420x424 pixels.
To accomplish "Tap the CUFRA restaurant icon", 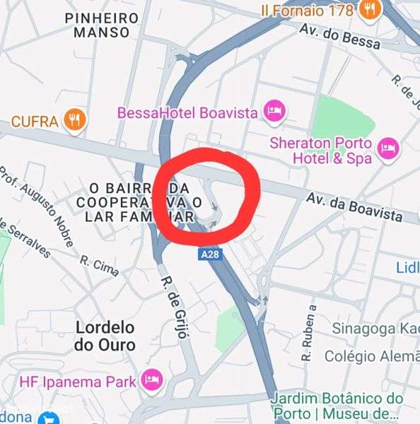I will (x=74, y=121).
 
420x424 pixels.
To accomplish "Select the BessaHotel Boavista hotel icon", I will (x=274, y=111).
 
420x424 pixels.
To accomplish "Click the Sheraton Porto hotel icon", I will (x=387, y=148).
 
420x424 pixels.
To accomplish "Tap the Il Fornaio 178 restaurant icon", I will (x=368, y=9).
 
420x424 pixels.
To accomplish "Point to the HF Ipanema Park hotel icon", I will (x=151, y=382).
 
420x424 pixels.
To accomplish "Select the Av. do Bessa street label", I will (x=339, y=36).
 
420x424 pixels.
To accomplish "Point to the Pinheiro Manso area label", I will (x=100, y=25).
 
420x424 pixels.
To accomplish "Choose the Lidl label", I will (x=407, y=266).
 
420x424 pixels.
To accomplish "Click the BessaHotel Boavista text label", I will (x=187, y=112).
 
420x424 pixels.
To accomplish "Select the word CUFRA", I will (x=34, y=122).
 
